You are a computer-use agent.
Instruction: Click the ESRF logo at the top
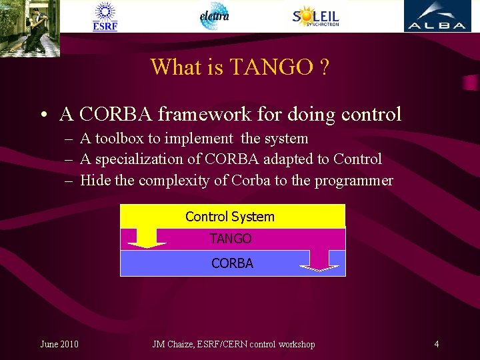[105, 17]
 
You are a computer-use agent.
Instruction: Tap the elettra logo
[214, 16]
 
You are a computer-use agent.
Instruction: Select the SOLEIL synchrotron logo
[316, 17]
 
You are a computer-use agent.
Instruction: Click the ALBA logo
[437, 17]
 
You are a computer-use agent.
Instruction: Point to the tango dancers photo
[30, 27]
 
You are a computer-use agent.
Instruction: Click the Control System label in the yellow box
[230, 217]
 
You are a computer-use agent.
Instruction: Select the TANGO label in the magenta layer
[231, 238]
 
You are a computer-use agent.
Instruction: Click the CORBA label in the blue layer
[232, 263]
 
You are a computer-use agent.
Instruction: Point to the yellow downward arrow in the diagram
[146, 238]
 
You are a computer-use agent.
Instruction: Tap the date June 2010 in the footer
[59, 344]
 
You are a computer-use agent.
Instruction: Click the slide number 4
[436, 344]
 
